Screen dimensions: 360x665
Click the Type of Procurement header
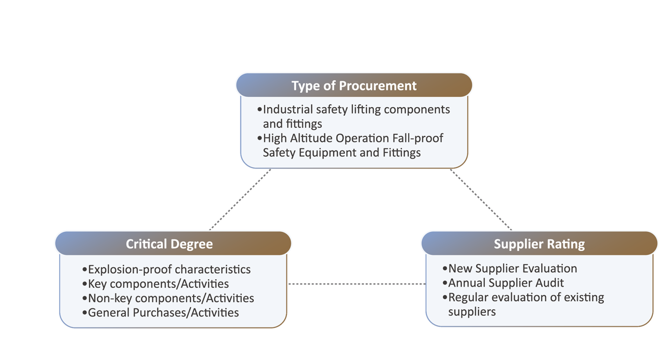click(x=354, y=85)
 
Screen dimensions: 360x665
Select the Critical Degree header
click(x=169, y=244)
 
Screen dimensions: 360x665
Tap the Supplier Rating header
click(x=539, y=244)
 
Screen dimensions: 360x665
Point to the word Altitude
click(x=311, y=138)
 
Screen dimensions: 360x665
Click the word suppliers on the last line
click(x=472, y=312)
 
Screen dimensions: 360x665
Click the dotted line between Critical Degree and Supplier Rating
click(x=356, y=284)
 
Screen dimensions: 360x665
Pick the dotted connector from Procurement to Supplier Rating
click(x=481, y=199)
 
